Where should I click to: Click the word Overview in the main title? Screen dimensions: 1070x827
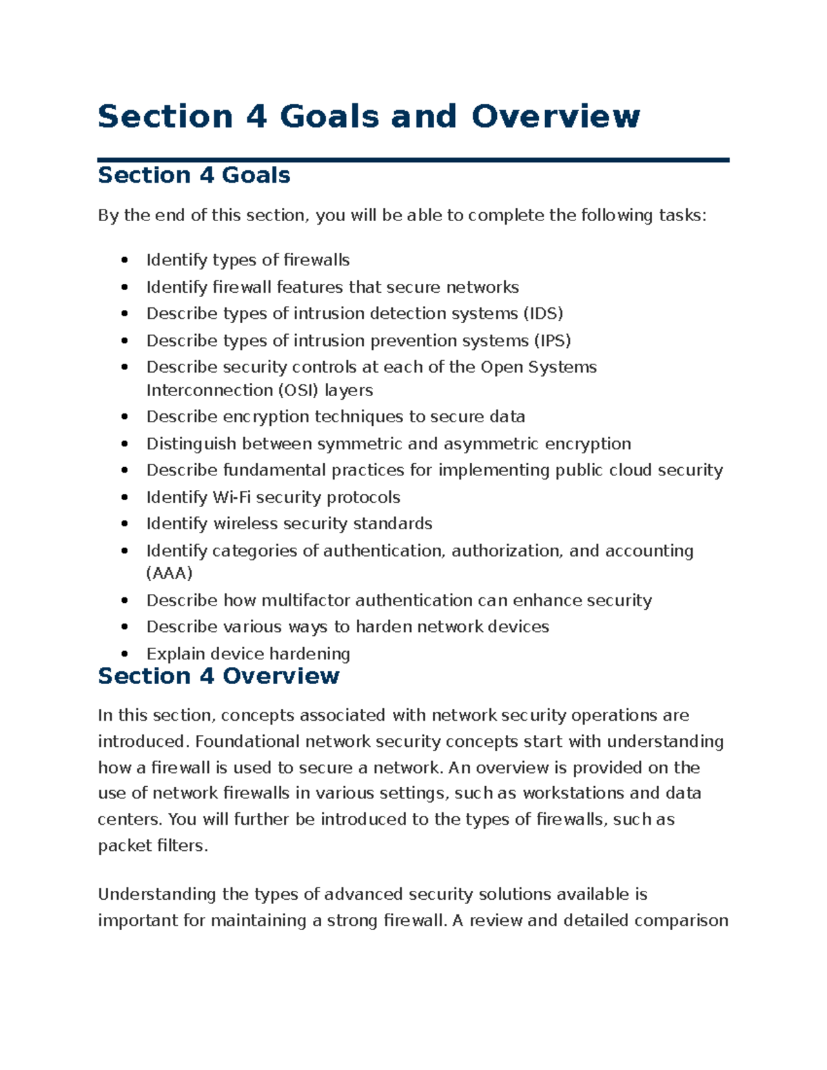(x=555, y=116)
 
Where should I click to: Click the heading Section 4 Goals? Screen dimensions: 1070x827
(x=194, y=175)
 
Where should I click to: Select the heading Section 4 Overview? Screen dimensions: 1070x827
(x=218, y=676)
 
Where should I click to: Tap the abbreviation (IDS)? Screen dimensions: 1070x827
(x=543, y=313)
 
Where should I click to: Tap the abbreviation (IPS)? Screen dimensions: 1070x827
(x=552, y=340)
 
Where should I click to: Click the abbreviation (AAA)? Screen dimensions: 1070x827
(x=170, y=573)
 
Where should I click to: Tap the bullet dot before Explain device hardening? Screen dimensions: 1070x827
(x=125, y=654)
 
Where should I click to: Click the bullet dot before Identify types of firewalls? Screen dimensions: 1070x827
(x=125, y=260)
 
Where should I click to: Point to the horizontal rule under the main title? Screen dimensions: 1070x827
(x=413, y=160)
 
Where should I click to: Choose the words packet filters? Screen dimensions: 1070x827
(x=152, y=845)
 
